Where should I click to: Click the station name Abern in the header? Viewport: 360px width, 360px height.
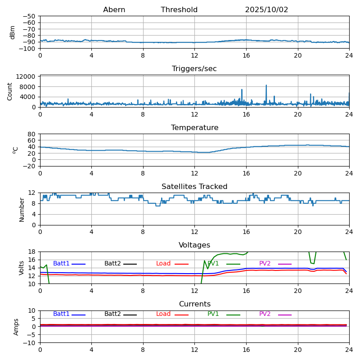[114, 10]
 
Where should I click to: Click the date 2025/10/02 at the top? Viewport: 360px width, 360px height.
[266, 10]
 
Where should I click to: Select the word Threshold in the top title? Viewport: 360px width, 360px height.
[179, 10]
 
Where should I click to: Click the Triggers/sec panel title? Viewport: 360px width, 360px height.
[194, 69]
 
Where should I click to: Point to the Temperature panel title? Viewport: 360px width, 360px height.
[194, 128]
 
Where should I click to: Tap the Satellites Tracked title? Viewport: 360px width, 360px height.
[194, 187]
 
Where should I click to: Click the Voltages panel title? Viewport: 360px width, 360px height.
[194, 245]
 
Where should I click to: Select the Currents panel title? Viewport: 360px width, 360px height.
[194, 304]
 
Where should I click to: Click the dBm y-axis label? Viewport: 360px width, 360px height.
[13, 32]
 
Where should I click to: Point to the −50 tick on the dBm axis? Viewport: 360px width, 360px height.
[31, 16]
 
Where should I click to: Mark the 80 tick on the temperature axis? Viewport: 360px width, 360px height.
[33, 134]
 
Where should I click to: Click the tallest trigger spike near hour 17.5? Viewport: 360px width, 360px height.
[266, 85]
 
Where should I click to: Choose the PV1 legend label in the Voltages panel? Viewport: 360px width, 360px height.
[213, 264]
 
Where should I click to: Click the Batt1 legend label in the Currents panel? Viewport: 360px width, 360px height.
[61, 314]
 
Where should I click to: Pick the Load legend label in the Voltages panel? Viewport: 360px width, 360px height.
[163, 264]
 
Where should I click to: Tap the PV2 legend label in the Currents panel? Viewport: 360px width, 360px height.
[265, 314]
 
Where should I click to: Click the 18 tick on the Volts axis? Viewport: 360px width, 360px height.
[33, 252]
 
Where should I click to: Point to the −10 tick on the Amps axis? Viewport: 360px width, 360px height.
[31, 343]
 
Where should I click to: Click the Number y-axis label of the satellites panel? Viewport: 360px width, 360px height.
[22, 209]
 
